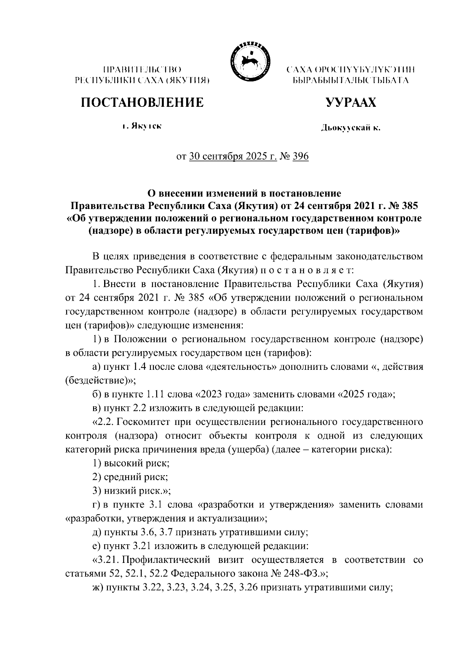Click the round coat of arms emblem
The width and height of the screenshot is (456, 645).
(x=249, y=61)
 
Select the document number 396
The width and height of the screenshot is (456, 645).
(x=300, y=157)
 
